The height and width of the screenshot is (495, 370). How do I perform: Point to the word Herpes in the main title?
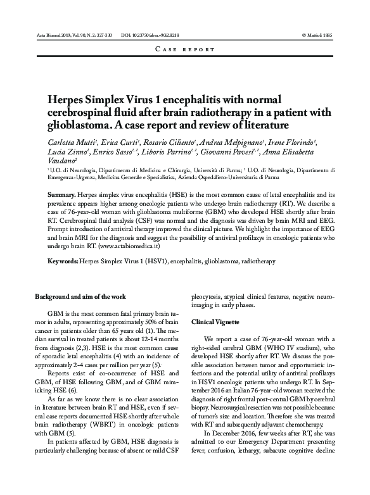[68, 100]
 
